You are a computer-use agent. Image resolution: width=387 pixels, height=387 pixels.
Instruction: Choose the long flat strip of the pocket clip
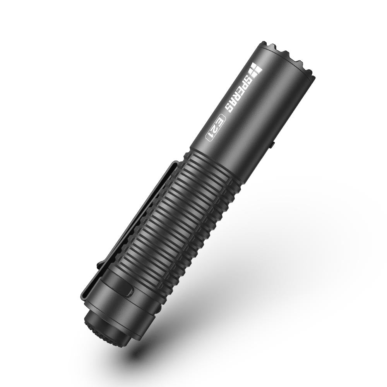coord(128,224)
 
